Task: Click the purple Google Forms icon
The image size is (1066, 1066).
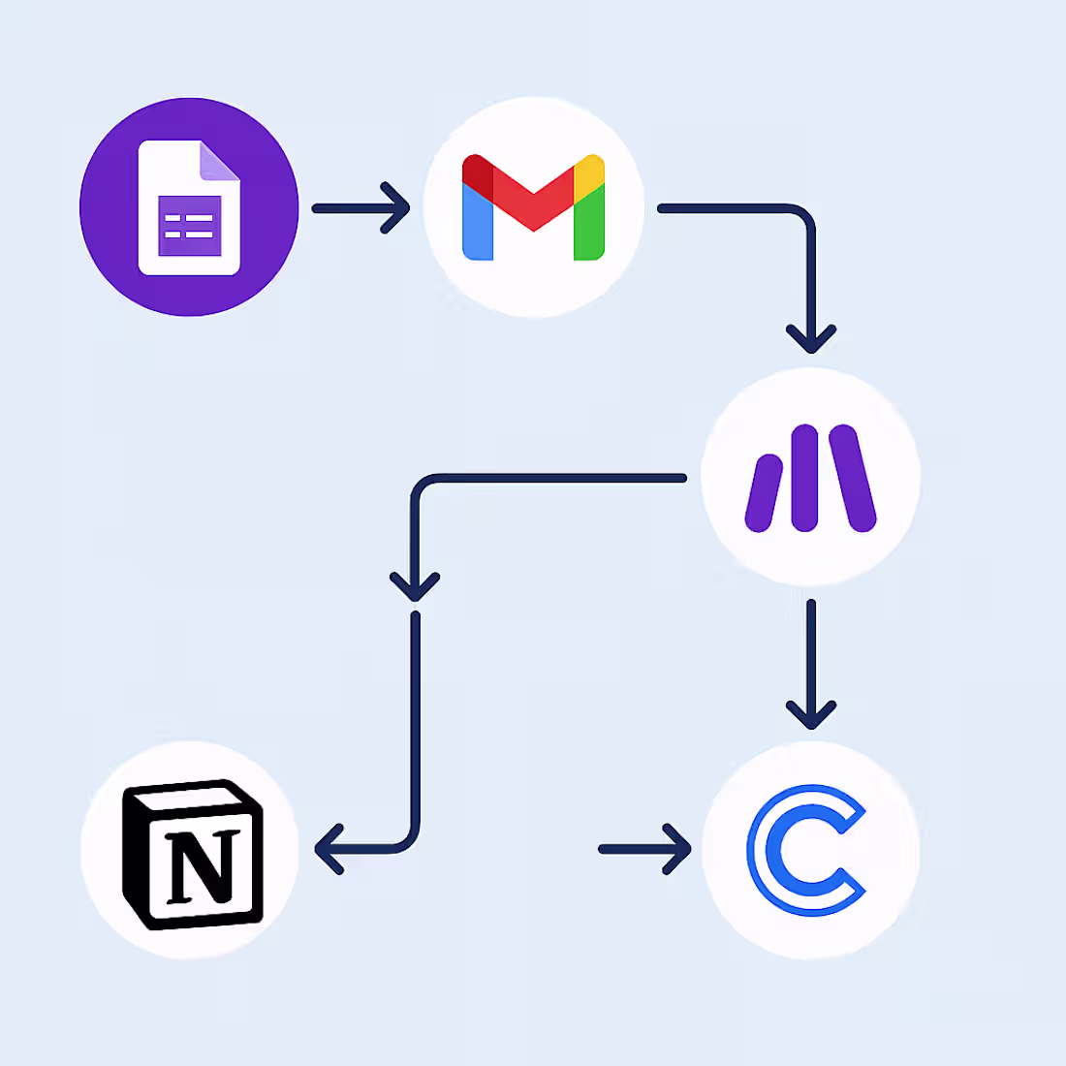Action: (x=189, y=206)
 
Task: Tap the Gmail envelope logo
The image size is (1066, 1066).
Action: (x=534, y=206)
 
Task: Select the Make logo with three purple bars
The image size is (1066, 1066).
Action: (x=810, y=477)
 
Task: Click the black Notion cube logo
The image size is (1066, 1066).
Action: (x=191, y=853)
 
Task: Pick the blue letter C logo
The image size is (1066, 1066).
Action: (x=806, y=851)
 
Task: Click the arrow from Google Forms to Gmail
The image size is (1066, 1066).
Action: (x=361, y=207)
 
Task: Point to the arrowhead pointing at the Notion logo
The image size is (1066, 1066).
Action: (x=329, y=849)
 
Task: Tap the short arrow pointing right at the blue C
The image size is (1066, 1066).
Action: (x=644, y=849)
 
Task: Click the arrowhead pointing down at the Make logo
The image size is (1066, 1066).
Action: (x=811, y=340)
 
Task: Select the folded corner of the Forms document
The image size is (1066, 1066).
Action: (x=219, y=161)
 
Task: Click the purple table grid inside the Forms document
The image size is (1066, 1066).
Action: (x=189, y=227)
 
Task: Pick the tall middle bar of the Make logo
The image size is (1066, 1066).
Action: (x=804, y=477)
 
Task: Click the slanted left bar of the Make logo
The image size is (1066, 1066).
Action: (x=763, y=494)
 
